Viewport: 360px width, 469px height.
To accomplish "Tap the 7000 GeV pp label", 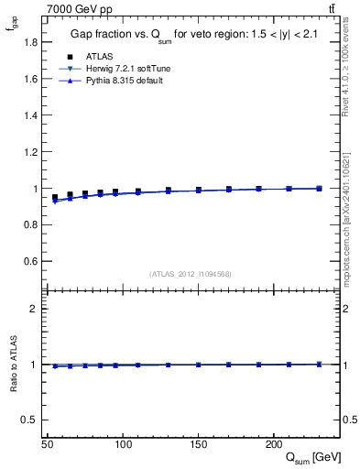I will tap(77, 8).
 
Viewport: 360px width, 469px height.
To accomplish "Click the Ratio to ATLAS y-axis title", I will tap(12, 364).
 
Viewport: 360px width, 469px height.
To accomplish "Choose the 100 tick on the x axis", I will tap(123, 443).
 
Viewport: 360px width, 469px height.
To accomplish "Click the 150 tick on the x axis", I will tap(198, 443).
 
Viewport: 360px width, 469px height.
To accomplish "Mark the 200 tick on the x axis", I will tap(273, 443).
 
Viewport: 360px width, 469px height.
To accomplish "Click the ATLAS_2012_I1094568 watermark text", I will tap(191, 273).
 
